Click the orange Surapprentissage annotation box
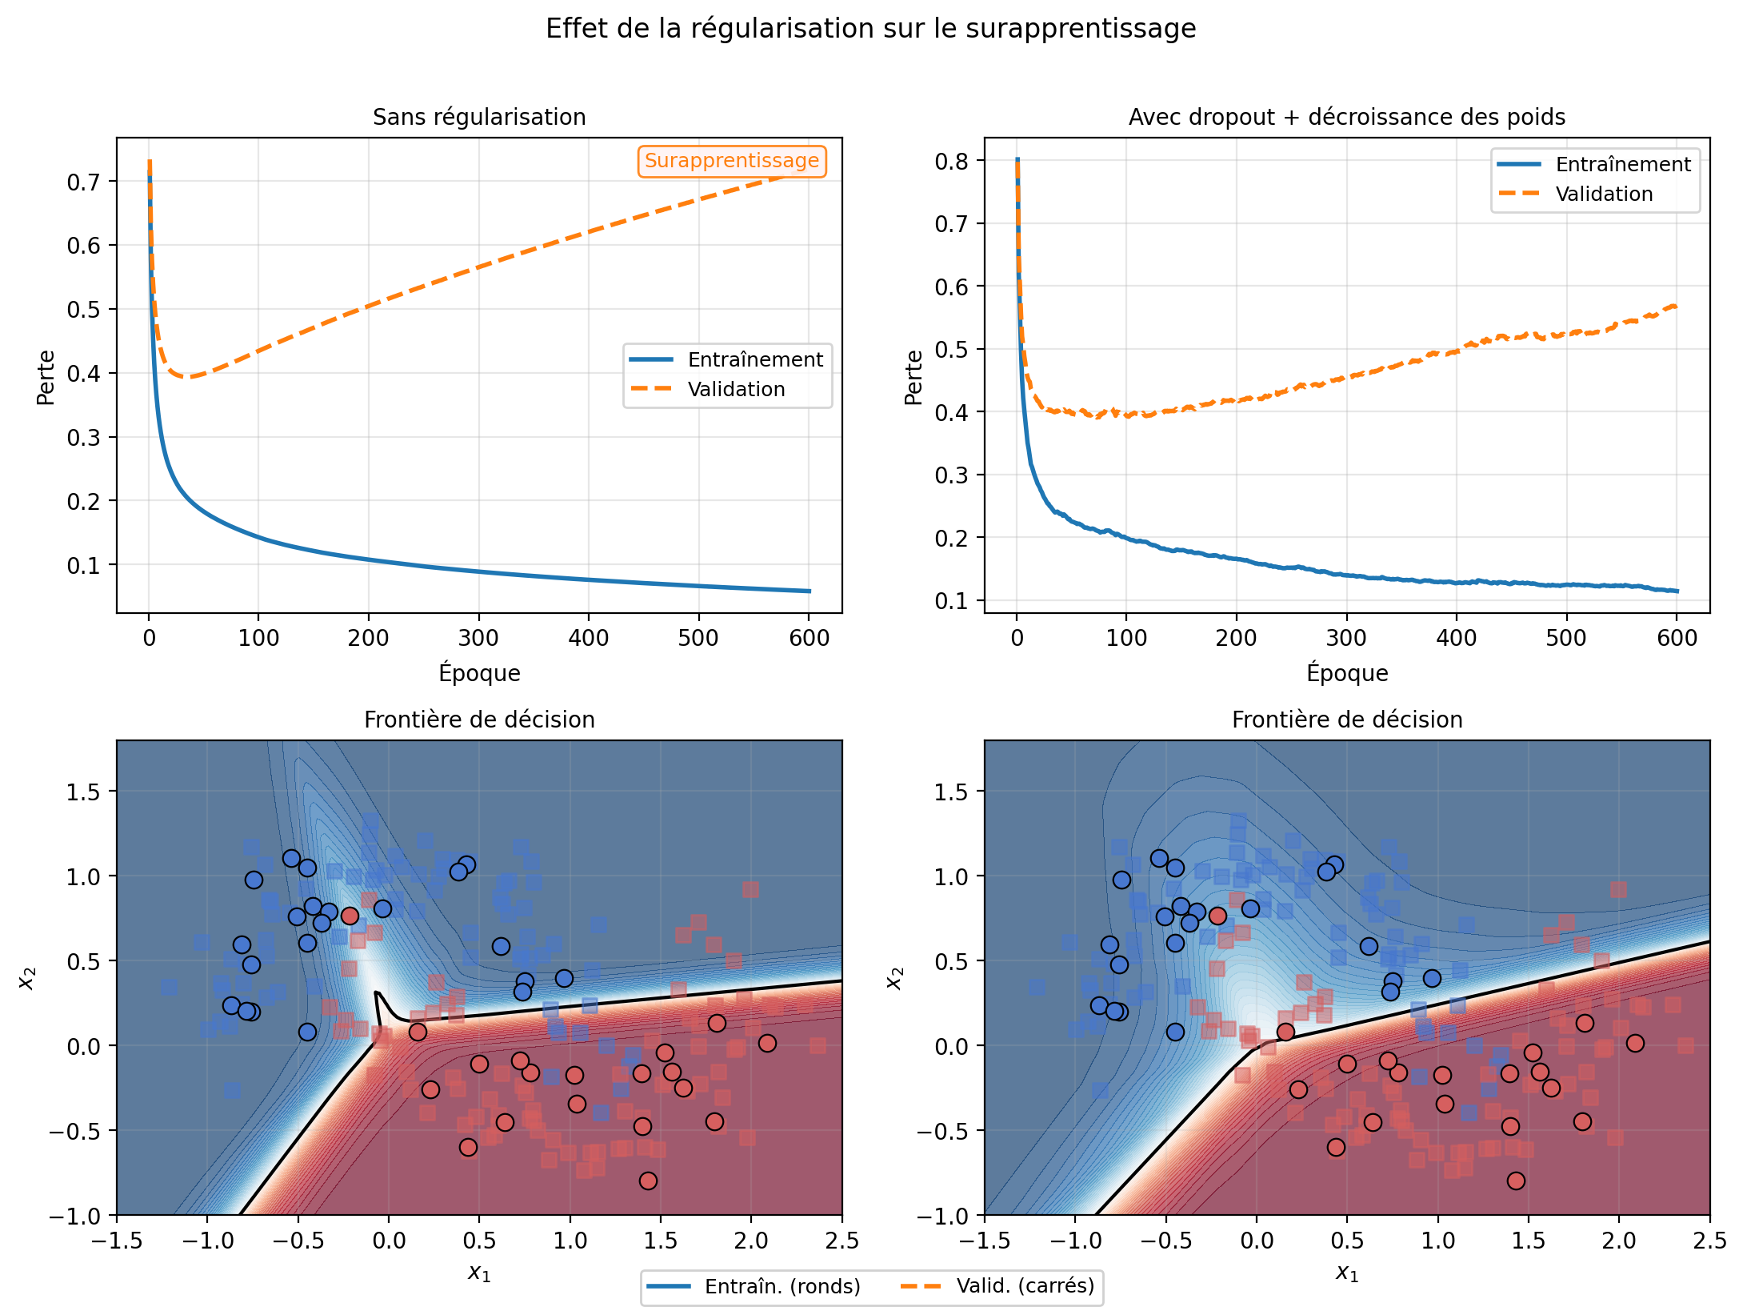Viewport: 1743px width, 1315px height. pos(732,161)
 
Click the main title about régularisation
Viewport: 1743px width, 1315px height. pos(870,29)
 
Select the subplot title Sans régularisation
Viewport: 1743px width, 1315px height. pos(479,117)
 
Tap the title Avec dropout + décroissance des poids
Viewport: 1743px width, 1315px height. pos(1347,117)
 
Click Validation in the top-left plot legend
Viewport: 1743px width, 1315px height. pos(736,389)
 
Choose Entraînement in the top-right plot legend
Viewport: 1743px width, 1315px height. pos(1623,164)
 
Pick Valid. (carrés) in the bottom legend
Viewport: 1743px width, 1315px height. pos(1025,1285)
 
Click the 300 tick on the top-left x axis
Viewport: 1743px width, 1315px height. pos(478,638)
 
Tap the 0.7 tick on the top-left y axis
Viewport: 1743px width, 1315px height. pos(83,182)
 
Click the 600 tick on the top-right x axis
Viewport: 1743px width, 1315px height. pos(1677,638)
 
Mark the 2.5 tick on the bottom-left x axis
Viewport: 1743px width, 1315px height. pos(842,1241)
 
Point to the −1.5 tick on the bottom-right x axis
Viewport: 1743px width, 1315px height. pos(985,1241)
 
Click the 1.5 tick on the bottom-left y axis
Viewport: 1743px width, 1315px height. pos(83,792)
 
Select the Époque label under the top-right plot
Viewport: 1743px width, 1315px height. pos(1347,672)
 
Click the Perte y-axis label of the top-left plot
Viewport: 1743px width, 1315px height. pos(46,376)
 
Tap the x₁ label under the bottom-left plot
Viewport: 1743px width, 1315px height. pos(479,1273)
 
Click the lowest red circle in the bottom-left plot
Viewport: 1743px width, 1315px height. pos(648,1181)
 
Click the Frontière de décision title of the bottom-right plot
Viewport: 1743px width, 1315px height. pos(1347,720)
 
